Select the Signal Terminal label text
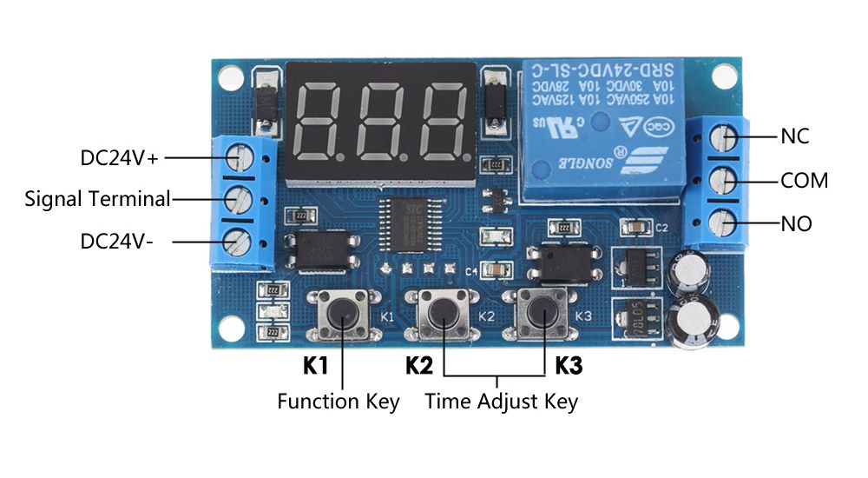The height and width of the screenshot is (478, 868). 97,198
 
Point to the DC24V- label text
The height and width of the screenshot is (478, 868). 117,241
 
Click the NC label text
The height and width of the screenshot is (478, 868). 795,136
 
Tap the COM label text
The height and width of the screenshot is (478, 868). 804,181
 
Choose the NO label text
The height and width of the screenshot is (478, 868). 796,224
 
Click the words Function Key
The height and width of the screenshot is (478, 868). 339,402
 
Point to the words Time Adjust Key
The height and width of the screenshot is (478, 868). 501,402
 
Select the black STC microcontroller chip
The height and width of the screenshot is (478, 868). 412,223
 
